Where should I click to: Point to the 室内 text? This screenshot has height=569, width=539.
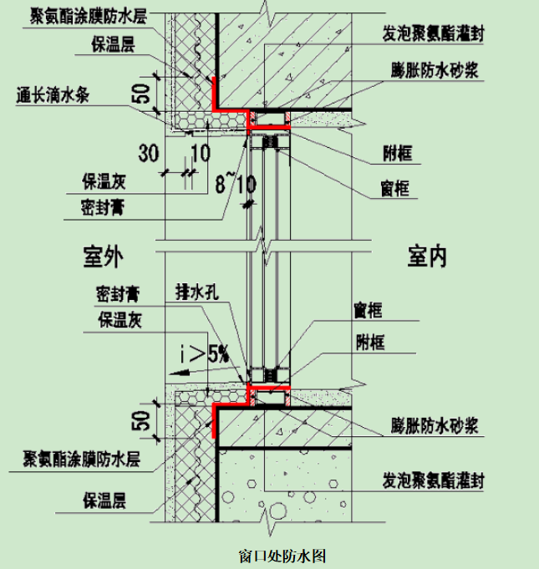coord(427,256)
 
